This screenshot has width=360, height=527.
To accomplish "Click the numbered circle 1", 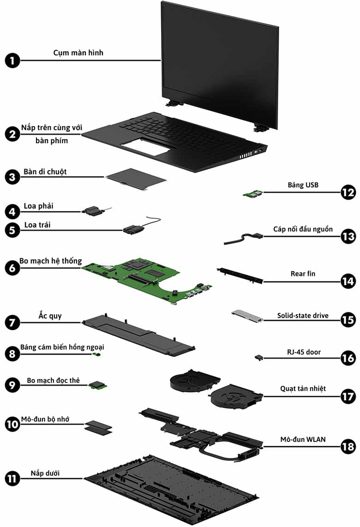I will (13, 61).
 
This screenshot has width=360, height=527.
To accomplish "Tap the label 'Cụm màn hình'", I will (78, 53).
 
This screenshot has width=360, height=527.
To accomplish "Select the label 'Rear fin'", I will (303, 273).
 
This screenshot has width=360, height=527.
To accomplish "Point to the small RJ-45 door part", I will (259, 357).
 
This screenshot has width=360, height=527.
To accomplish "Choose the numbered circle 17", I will (348, 396).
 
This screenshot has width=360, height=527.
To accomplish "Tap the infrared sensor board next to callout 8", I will (97, 354).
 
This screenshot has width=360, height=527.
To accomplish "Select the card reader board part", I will (97, 384).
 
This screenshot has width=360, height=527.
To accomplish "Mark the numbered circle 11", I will (13, 478).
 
